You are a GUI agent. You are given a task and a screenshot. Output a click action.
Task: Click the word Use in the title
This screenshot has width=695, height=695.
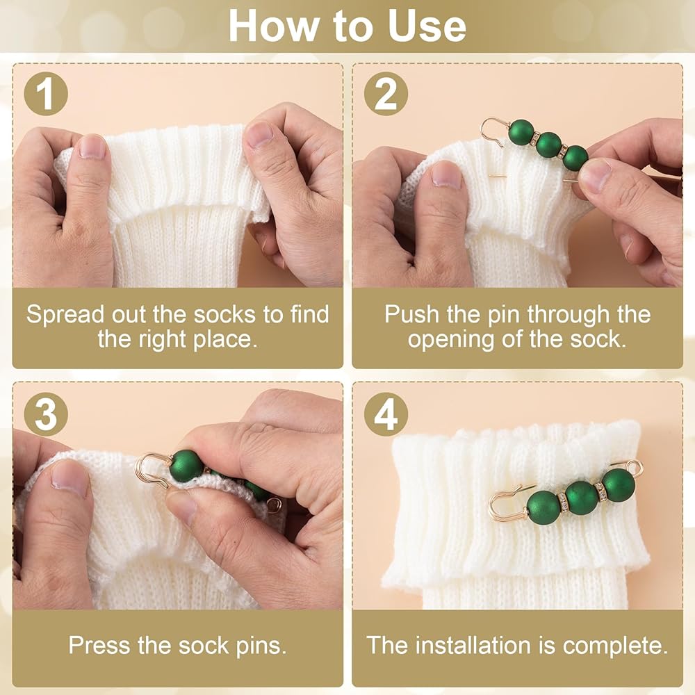(x=427, y=26)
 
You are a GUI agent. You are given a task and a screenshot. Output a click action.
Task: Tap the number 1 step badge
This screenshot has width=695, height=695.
(x=46, y=94)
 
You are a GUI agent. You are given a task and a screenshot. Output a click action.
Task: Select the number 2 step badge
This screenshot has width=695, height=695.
(x=386, y=94)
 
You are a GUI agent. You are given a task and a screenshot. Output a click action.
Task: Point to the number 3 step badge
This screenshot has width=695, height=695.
(x=46, y=414)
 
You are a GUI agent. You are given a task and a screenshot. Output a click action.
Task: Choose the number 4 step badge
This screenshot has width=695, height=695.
(x=386, y=414)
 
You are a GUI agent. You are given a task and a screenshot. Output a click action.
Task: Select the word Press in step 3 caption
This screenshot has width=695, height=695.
(x=99, y=646)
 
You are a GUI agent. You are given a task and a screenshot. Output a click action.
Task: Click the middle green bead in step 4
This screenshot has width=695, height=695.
(x=582, y=498)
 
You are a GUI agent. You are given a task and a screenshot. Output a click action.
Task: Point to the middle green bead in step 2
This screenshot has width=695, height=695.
(x=549, y=145)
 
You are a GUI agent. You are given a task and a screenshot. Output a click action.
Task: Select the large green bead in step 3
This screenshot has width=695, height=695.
(x=187, y=466)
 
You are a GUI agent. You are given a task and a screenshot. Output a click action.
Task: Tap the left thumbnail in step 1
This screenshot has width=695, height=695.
(x=92, y=147)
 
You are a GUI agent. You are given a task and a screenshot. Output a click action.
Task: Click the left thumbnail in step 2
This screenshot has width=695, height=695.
(x=447, y=174)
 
